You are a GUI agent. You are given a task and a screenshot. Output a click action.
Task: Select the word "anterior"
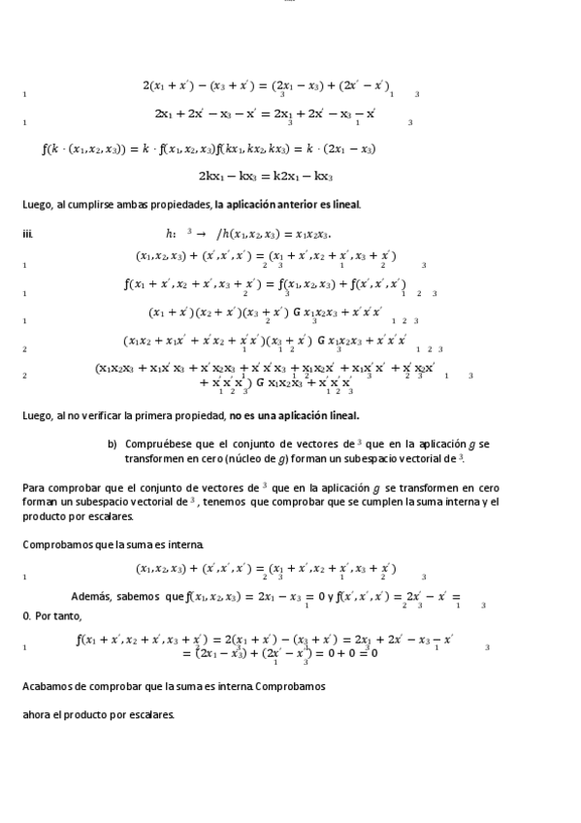point(275,205)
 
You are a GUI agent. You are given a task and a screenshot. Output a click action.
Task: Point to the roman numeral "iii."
point(27,233)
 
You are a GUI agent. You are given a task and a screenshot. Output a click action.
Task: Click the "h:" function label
point(171,233)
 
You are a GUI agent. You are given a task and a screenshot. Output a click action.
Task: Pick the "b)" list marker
point(113,444)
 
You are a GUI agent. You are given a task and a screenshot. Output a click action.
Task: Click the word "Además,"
point(94,596)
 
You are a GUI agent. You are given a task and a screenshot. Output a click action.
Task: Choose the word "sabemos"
point(142,596)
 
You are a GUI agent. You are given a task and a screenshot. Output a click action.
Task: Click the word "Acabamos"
point(49,686)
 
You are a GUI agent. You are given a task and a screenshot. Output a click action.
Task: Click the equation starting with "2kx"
point(265,177)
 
